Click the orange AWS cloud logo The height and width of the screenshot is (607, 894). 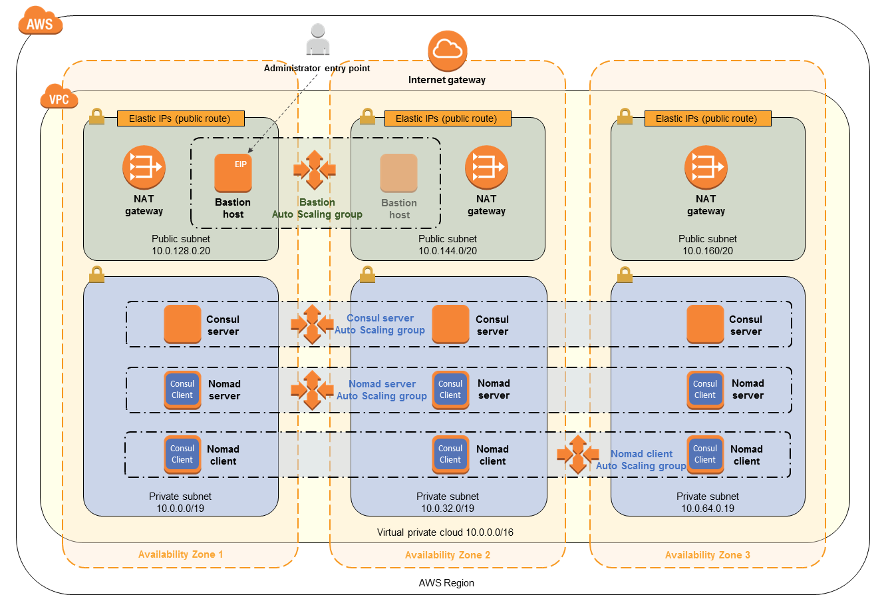41,21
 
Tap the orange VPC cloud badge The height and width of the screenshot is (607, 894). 59,97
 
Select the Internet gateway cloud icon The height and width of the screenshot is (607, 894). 448,51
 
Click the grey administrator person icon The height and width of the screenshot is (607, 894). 318,39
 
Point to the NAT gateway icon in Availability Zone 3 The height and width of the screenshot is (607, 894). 706,167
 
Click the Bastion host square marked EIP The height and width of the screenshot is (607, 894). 233,173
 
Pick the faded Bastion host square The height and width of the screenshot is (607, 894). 398,173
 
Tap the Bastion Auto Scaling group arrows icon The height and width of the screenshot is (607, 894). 315,170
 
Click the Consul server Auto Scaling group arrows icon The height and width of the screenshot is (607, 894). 312,324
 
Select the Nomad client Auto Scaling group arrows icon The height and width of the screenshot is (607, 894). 578,454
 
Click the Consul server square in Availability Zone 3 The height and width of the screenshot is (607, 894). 705,324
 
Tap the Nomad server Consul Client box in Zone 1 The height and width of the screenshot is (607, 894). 182,390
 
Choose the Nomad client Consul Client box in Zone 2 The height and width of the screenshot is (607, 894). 450,455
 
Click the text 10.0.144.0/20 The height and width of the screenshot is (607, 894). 448,251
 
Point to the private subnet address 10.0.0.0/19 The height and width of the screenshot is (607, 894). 180,508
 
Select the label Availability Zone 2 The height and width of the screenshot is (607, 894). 448,554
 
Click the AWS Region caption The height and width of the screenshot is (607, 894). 446,583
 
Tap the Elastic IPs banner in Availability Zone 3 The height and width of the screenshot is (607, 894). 708,118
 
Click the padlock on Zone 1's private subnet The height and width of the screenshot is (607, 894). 96,274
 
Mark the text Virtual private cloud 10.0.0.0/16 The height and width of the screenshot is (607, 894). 445,532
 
